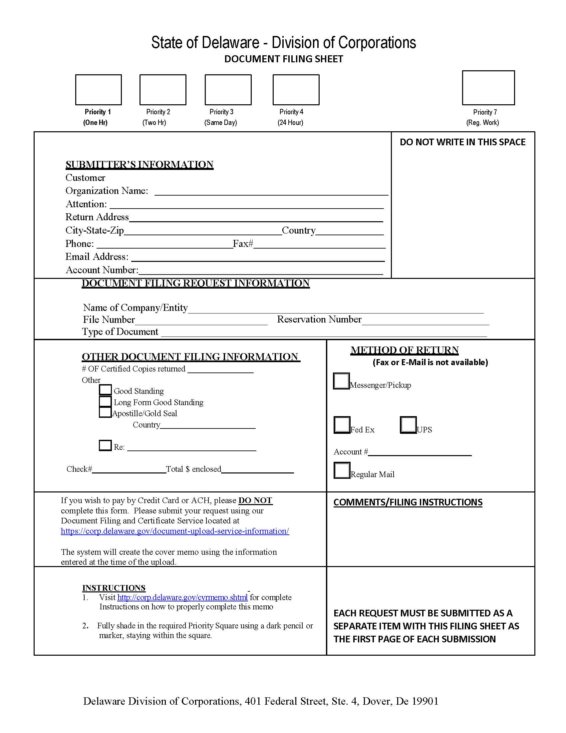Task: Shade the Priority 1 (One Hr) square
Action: pyautogui.click(x=98, y=90)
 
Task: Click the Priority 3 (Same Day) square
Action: pyautogui.click(x=228, y=90)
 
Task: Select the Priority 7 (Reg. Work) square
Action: pyautogui.click(x=488, y=88)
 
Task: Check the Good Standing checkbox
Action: pyautogui.click(x=105, y=390)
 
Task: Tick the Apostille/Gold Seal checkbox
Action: pyautogui.click(x=105, y=412)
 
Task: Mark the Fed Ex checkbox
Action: pyautogui.click(x=342, y=425)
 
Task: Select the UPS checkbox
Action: pyautogui.click(x=408, y=425)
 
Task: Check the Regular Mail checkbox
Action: pyautogui.click(x=342, y=470)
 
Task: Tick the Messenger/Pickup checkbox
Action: pyautogui.click(x=341, y=381)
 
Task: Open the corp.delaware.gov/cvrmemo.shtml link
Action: pyautogui.click(x=182, y=597)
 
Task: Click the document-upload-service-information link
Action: pyautogui.click(x=175, y=531)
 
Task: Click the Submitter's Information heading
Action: pyautogui.click(x=140, y=165)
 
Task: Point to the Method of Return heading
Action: pyautogui.click(x=405, y=350)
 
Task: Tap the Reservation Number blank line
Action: pyautogui.click(x=425, y=321)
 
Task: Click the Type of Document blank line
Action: pyautogui.click(x=324, y=333)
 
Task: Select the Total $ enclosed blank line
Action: pyautogui.click(x=257, y=469)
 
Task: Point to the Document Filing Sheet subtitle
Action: pyautogui.click(x=284, y=59)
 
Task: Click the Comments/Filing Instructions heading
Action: pyautogui.click(x=408, y=502)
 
